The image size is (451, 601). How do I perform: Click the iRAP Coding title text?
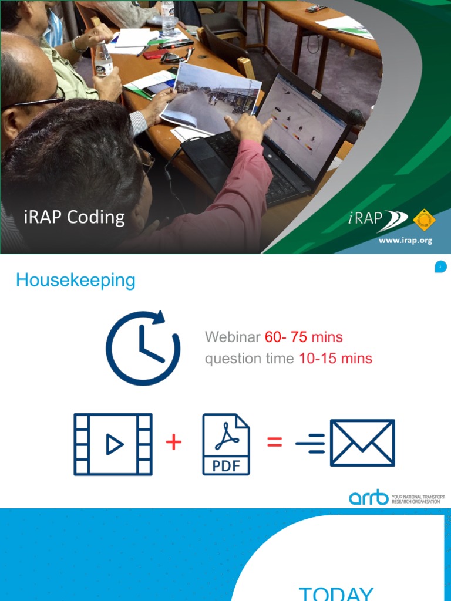pos(74,217)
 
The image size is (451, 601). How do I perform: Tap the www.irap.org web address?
pos(405,241)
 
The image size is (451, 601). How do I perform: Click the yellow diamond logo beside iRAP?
pos(424,220)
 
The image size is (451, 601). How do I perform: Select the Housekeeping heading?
pos(76,280)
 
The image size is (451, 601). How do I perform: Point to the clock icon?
pos(142,348)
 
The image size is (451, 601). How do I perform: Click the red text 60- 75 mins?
pos(304,337)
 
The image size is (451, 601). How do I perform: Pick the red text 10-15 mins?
pos(335,359)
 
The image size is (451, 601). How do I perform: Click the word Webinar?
pos(233,337)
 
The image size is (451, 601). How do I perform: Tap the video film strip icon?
pos(113,444)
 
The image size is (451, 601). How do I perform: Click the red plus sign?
pos(174,442)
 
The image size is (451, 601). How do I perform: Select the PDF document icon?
pos(226,444)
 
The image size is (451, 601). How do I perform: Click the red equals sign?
pos(274,443)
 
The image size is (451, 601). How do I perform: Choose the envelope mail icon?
pos(362,443)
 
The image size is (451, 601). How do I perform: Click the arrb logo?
pos(369,498)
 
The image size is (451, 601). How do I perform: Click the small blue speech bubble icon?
pos(440,267)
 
